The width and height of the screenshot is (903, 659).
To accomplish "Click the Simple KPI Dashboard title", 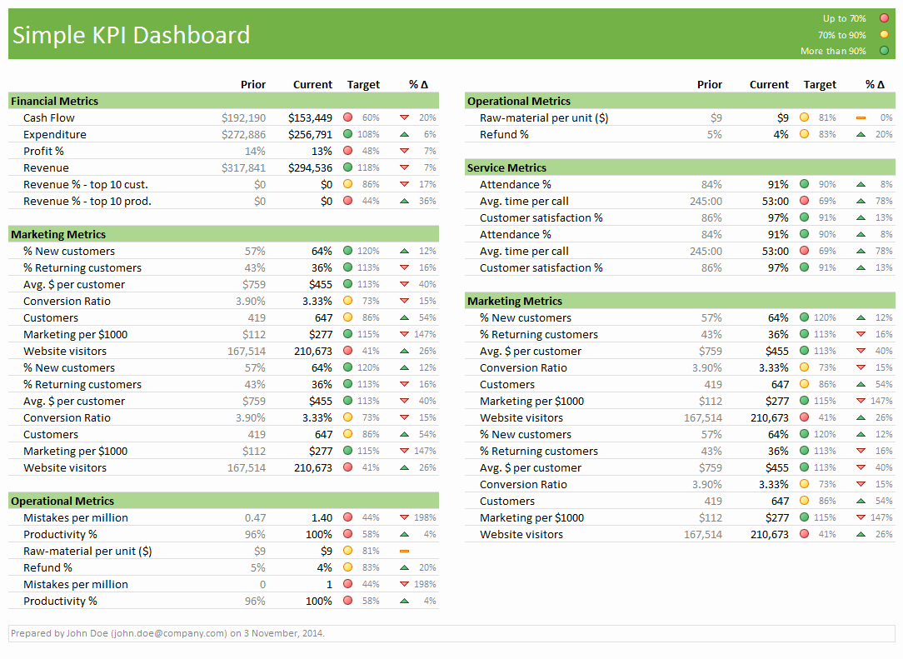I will click(x=131, y=35).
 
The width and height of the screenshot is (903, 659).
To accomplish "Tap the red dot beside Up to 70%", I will click(x=884, y=18).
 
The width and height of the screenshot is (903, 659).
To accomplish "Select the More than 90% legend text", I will click(x=833, y=52).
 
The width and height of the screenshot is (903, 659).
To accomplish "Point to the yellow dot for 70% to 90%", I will click(x=884, y=35).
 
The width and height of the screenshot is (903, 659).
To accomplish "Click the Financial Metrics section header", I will click(x=55, y=101).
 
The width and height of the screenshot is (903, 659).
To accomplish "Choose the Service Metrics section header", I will click(x=506, y=167).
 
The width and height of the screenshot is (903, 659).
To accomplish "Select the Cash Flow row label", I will click(x=49, y=117).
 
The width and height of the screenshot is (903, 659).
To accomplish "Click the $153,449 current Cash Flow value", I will click(x=310, y=117).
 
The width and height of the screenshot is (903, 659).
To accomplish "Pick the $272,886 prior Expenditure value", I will click(x=243, y=134).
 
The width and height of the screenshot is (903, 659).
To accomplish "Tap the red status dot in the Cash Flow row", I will click(x=347, y=117).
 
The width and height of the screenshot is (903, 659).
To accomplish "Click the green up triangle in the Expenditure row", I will click(x=404, y=134).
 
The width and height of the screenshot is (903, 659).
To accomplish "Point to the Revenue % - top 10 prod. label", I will click(x=87, y=201).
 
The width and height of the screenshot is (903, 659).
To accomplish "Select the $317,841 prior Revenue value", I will click(x=243, y=167).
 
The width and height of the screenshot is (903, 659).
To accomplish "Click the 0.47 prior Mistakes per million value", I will click(x=256, y=517).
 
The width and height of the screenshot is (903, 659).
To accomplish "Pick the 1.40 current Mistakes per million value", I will click(x=322, y=517).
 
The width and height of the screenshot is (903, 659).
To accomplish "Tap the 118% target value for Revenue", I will click(x=368, y=167).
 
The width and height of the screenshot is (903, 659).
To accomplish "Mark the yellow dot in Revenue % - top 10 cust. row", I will click(x=347, y=184).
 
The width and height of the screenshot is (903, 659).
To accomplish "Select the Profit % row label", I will click(x=43, y=151).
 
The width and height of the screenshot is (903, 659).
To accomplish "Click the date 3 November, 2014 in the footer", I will click(x=283, y=633).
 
